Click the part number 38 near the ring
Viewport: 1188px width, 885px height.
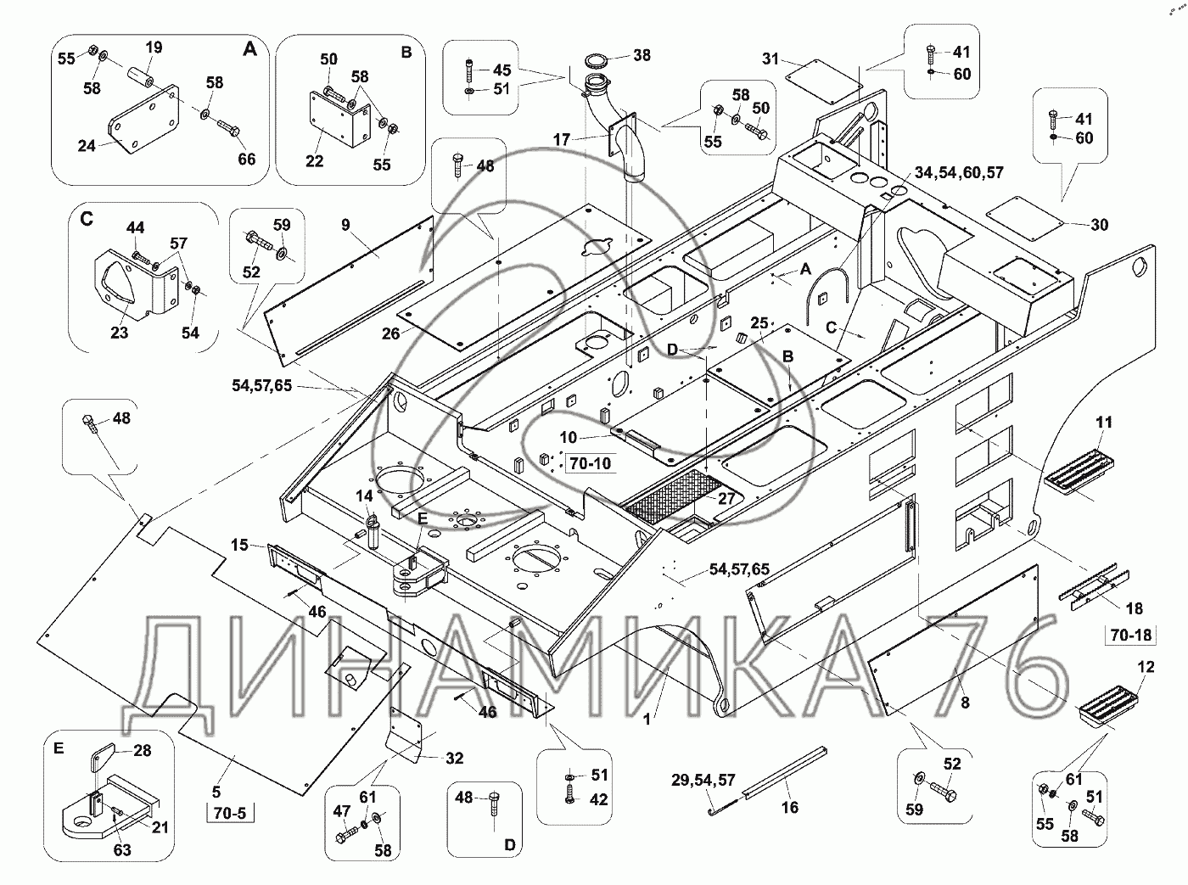coord(642,55)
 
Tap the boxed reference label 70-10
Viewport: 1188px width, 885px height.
coord(591,463)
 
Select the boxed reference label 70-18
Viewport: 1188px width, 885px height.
coord(1130,635)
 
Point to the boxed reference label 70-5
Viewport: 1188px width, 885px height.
coord(230,813)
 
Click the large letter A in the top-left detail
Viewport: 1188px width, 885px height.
coord(249,49)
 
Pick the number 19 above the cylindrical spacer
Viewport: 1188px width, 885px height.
coord(154,48)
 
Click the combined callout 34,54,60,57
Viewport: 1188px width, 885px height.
coord(959,172)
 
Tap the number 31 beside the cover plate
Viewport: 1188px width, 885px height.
coord(771,59)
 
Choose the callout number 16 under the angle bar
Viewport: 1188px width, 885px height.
coord(789,807)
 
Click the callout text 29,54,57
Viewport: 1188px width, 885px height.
coord(703,781)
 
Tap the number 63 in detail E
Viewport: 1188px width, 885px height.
coord(122,849)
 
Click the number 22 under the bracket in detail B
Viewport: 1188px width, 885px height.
coord(314,160)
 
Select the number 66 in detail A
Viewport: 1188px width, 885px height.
coord(246,159)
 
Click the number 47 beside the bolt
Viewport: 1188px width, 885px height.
coord(342,811)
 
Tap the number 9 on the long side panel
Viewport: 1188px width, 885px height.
coord(345,225)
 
